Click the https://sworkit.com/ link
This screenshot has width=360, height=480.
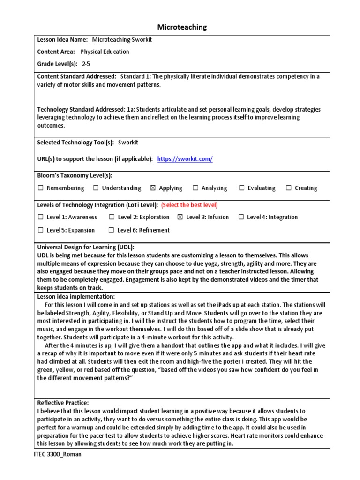(x=185, y=159)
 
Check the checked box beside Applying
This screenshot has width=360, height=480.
(x=153, y=188)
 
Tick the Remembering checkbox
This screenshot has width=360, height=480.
(x=41, y=188)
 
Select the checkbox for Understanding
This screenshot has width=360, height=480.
(x=96, y=188)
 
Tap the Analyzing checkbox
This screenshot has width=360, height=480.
(x=195, y=188)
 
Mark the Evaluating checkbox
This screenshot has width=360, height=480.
(x=242, y=188)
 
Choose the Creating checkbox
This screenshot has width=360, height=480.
(x=289, y=188)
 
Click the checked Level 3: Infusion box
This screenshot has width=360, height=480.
(x=180, y=217)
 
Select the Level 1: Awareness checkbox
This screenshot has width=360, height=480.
(x=41, y=217)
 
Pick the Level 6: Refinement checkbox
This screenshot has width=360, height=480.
(x=111, y=230)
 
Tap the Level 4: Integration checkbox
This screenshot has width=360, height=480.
(x=241, y=217)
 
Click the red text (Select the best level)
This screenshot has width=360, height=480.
(x=189, y=205)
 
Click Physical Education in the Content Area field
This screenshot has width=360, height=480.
(x=105, y=52)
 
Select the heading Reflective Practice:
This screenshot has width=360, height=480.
(x=63, y=403)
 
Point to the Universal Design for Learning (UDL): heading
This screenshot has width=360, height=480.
(x=86, y=247)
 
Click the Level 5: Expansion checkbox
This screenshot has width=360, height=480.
(x=41, y=230)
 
